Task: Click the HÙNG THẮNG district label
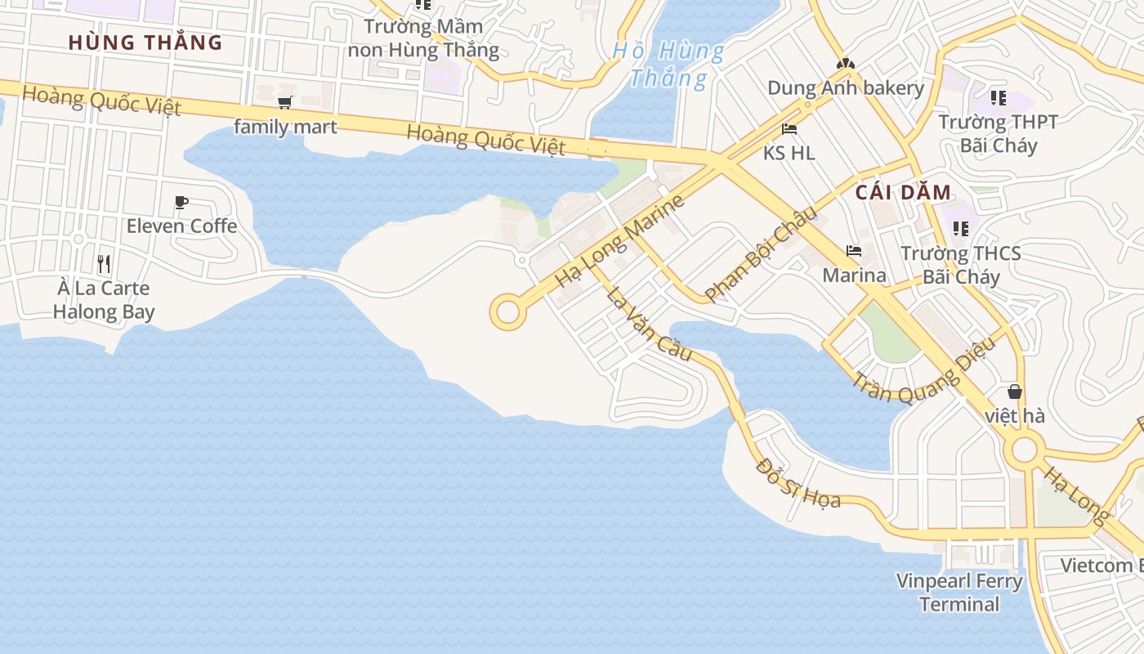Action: [145, 43]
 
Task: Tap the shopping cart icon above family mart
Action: [284, 102]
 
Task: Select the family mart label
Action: [285, 127]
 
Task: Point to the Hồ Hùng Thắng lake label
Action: [668, 65]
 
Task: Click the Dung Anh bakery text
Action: [845, 88]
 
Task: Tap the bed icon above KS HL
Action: [789, 128]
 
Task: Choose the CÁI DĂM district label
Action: [904, 193]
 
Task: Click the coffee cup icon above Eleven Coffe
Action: [181, 202]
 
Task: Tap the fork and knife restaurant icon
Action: [104, 263]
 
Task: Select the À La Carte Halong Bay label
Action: [104, 299]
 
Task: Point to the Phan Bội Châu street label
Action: [761, 253]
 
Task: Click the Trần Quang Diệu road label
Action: [924, 371]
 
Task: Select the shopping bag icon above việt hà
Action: [1015, 392]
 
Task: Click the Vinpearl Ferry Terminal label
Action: [959, 593]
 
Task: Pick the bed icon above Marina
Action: [854, 250]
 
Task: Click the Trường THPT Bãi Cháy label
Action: [998, 134]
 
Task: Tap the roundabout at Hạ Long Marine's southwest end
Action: [507, 312]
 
